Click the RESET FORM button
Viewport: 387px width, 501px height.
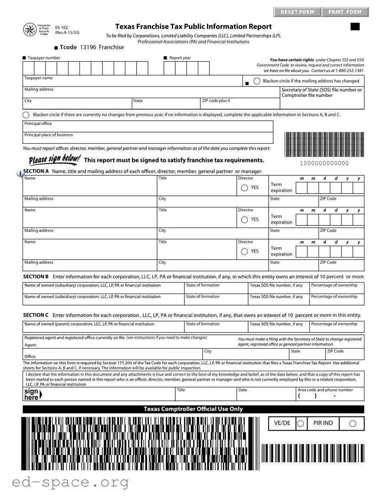pyautogui.click(x=297, y=12)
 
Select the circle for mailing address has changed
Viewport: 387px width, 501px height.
pyautogui.click(x=257, y=81)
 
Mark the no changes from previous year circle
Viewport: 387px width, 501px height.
pyautogui.click(x=26, y=115)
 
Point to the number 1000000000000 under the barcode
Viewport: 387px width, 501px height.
pyautogui.click(x=324, y=163)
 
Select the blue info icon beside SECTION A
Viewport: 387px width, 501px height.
pyautogui.click(x=20, y=173)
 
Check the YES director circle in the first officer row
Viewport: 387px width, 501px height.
pyautogui.click(x=245, y=188)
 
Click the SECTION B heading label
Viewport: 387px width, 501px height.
pyautogui.click(x=36, y=277)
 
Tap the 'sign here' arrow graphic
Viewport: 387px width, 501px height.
pyautogui.click(x=33, y=394)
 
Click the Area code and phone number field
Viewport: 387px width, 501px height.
pyautogui.click(x=330, y=396)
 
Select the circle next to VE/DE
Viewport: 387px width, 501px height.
pyautogui.click(x=300, y=424)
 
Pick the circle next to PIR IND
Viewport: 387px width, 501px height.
pyautogui.click(x=353, y=424)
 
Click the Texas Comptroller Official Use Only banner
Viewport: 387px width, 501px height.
pyautogui.click(x=193, y=409)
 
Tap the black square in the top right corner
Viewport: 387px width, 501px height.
pyautogui.click(x=355, y=27)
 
